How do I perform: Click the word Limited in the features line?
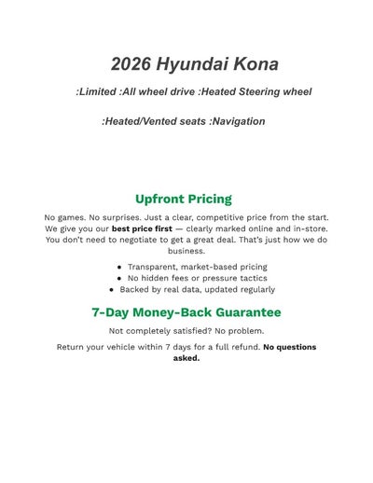(97, 91)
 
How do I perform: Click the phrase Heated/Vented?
(140, 121)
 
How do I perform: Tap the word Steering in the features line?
(254, 91)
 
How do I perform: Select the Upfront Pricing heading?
(184, 199)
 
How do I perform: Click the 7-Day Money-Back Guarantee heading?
(186, 312)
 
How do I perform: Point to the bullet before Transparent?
(120, 267)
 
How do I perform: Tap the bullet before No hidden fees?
(120, 278)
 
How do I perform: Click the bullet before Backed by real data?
(113, 289)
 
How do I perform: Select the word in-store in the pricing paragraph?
(304, 228)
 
